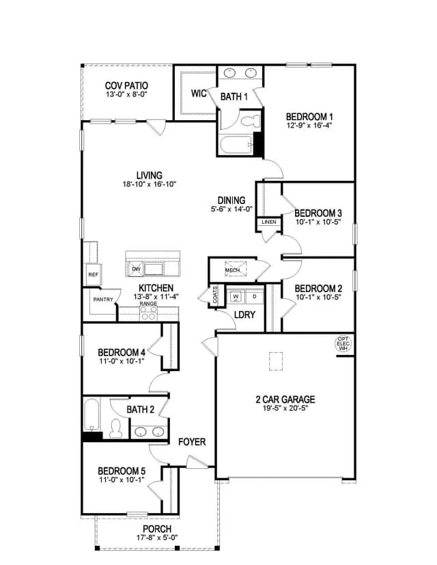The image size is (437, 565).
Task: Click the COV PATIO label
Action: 126,86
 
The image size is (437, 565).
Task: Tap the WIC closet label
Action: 199,93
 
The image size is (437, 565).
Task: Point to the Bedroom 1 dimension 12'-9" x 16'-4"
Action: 309,126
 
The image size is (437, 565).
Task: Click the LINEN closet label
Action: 269,222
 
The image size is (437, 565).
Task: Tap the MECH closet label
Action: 232,270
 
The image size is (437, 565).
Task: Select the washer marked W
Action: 236,297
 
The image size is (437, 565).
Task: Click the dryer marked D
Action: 255,297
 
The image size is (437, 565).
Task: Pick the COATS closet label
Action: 215,295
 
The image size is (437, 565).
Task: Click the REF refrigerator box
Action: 93,274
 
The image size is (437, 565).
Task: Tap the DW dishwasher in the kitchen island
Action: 136,269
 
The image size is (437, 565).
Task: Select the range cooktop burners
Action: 149,313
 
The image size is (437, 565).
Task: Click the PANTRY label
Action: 103,300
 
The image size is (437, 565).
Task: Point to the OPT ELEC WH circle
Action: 343,344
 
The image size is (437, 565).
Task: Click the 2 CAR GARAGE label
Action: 285,399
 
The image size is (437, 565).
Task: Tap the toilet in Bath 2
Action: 116,429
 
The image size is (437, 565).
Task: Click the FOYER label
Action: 192,441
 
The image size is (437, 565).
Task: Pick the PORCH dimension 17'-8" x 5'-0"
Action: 157,538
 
